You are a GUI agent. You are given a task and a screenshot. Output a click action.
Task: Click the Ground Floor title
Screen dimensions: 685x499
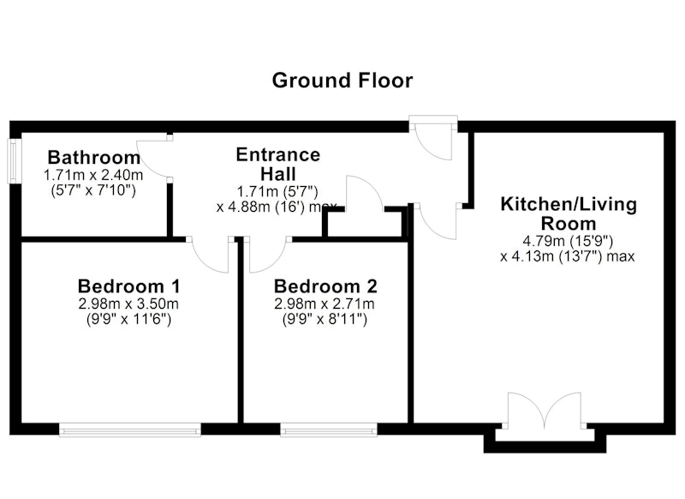[342, 81]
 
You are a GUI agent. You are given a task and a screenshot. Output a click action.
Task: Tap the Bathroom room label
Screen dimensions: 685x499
[94, 158]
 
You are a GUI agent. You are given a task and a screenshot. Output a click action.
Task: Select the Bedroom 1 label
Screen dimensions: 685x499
[129, 286]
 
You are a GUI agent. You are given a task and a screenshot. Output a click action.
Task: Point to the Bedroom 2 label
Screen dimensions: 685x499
[325, 286]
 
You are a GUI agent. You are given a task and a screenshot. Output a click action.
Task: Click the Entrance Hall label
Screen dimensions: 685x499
[278, 165]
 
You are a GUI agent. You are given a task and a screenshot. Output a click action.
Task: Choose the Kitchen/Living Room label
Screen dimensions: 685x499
[569, 213]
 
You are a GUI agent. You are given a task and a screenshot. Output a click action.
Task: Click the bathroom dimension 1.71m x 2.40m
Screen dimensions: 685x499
[93, 176]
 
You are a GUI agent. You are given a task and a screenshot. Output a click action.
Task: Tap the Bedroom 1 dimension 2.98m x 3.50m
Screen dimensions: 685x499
[128, 304]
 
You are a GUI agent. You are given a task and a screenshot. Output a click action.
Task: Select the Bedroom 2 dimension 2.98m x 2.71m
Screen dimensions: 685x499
[325, 304]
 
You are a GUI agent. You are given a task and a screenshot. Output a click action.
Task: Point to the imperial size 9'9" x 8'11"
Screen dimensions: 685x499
[325, 320]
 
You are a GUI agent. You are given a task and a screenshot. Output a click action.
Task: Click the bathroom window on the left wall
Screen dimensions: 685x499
[14, 161]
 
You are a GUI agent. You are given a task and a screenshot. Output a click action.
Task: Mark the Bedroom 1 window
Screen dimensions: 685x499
[130, 430]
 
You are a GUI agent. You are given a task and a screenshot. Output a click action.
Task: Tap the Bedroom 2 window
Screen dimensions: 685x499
[329, 430]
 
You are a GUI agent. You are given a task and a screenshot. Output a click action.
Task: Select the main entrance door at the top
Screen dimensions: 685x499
[433, 140]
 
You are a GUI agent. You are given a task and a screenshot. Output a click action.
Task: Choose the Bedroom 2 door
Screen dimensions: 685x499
[267, 256]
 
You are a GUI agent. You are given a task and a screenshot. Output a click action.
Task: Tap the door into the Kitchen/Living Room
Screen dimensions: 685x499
[437, 221]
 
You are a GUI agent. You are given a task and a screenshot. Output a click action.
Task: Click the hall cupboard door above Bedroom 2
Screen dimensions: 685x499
[365, 192]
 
